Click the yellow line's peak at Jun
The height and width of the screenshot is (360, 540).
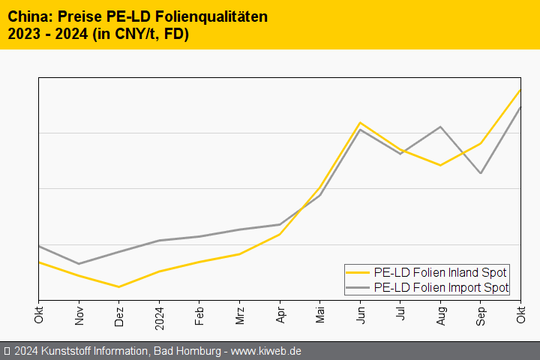[361, 122]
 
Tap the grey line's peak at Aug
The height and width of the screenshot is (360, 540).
[441, 127]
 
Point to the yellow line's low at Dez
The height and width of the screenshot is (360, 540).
[119, 286]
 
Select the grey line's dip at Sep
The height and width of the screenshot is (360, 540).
[481, 173]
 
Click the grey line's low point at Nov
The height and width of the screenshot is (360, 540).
[79, 263]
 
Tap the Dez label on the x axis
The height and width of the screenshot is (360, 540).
[119, 313]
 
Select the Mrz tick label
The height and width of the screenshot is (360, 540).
[240, 313]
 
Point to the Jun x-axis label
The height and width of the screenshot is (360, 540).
[361, 313]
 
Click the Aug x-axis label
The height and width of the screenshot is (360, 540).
[441, 313]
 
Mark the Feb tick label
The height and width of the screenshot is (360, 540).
[199, 313]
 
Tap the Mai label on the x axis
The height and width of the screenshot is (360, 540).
[320, 313]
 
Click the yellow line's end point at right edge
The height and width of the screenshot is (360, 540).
[520, 90]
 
